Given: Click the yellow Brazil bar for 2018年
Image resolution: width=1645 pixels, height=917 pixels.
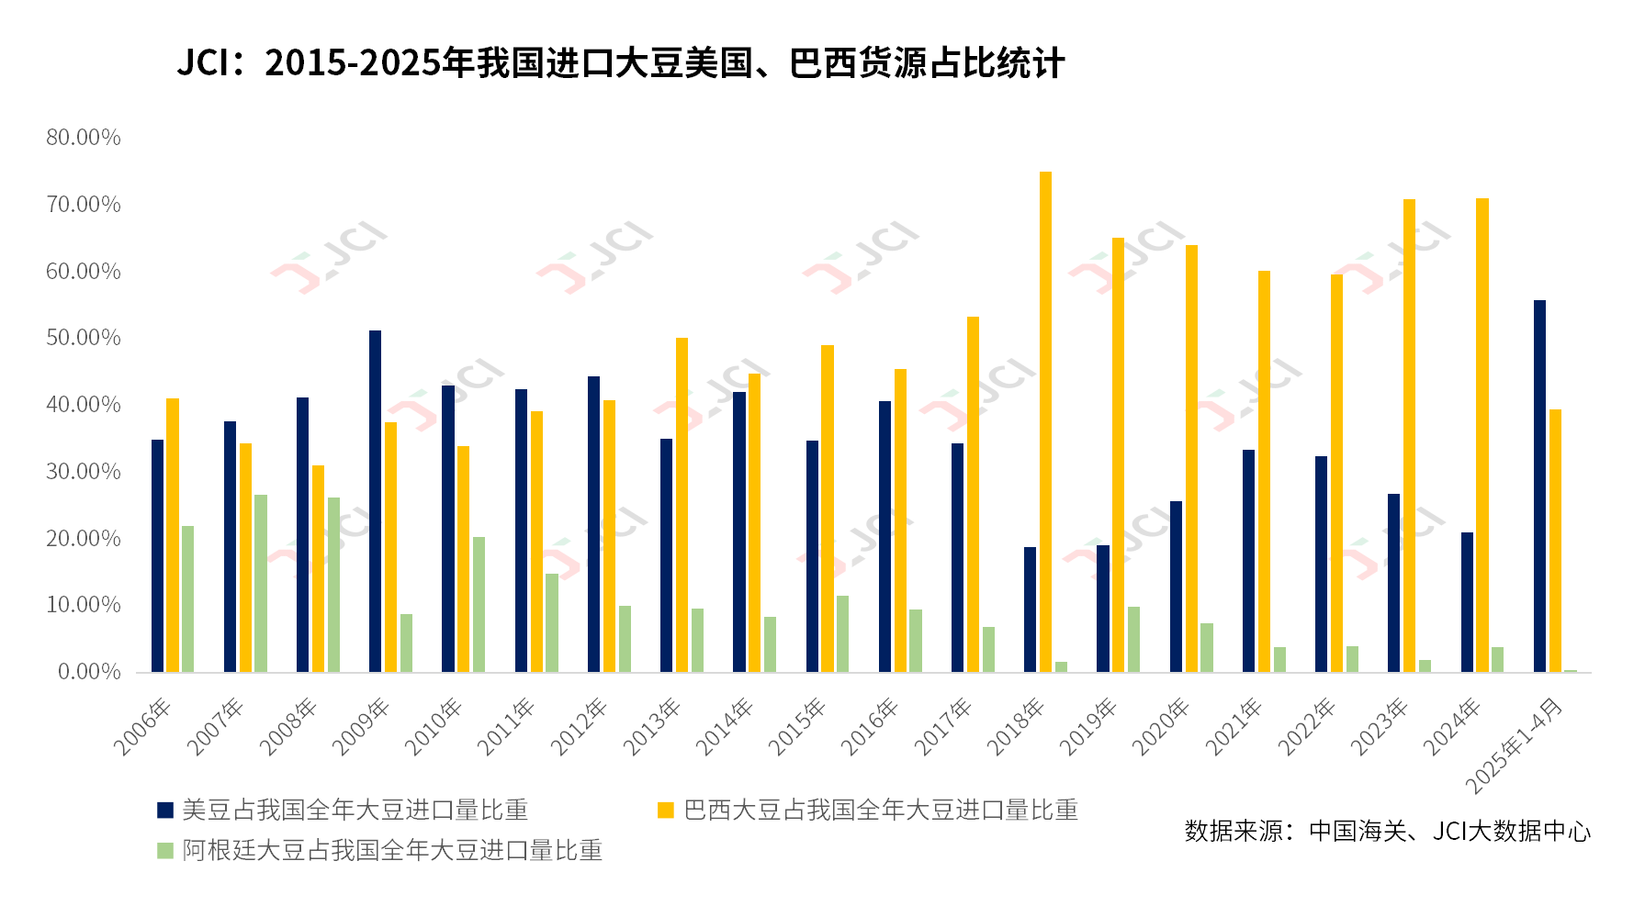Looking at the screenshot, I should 1045,422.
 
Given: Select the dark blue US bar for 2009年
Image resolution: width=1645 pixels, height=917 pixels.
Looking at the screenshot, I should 375,501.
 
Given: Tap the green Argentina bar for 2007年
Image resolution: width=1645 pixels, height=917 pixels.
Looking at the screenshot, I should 261,584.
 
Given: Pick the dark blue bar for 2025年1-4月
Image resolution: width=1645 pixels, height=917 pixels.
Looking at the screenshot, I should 1539,486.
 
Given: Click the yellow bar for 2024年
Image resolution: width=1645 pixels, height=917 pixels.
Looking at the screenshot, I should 1482,435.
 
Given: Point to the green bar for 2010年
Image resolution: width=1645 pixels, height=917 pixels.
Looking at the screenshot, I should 479,604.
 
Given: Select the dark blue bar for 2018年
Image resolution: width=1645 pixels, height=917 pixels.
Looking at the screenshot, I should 1030,609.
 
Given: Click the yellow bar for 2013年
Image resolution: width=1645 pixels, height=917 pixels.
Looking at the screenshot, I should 682,505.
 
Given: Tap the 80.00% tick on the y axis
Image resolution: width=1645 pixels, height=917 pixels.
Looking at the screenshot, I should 84,138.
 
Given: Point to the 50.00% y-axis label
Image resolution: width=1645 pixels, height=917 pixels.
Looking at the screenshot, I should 84,338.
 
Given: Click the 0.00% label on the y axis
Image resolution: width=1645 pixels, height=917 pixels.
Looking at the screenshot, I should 89,672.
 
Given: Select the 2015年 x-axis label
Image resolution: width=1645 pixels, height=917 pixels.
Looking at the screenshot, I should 797,727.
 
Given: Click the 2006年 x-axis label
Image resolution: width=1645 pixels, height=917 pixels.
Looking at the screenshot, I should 142,727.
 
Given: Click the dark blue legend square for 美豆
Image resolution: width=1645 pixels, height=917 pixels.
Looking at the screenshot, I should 165,810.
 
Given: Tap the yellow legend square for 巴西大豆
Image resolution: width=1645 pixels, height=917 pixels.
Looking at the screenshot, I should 666,810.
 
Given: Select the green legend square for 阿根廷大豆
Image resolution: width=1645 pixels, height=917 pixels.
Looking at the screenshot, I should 165,850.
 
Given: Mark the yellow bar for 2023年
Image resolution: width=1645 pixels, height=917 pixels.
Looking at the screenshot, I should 1409,435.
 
